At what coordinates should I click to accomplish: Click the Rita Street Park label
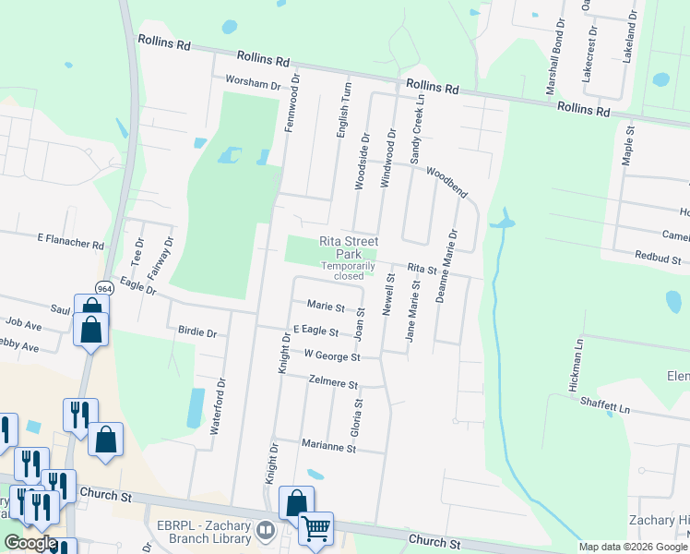click(x=349, y=247)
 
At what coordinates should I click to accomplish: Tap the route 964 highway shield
click(x=104, y=288)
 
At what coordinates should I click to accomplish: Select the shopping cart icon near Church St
click(x=316, y=529)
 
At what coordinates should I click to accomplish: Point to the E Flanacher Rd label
click(x=71, y=242)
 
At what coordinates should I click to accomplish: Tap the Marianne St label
click(x=328, y=447)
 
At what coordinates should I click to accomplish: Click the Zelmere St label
click(x=333, y=380)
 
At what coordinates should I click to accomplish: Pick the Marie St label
click(x=326, y=307)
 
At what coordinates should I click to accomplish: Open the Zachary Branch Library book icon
click(x=266, y=529)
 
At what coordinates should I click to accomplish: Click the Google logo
click(x=30, y=543)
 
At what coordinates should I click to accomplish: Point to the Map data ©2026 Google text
click(x=633, y=547)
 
